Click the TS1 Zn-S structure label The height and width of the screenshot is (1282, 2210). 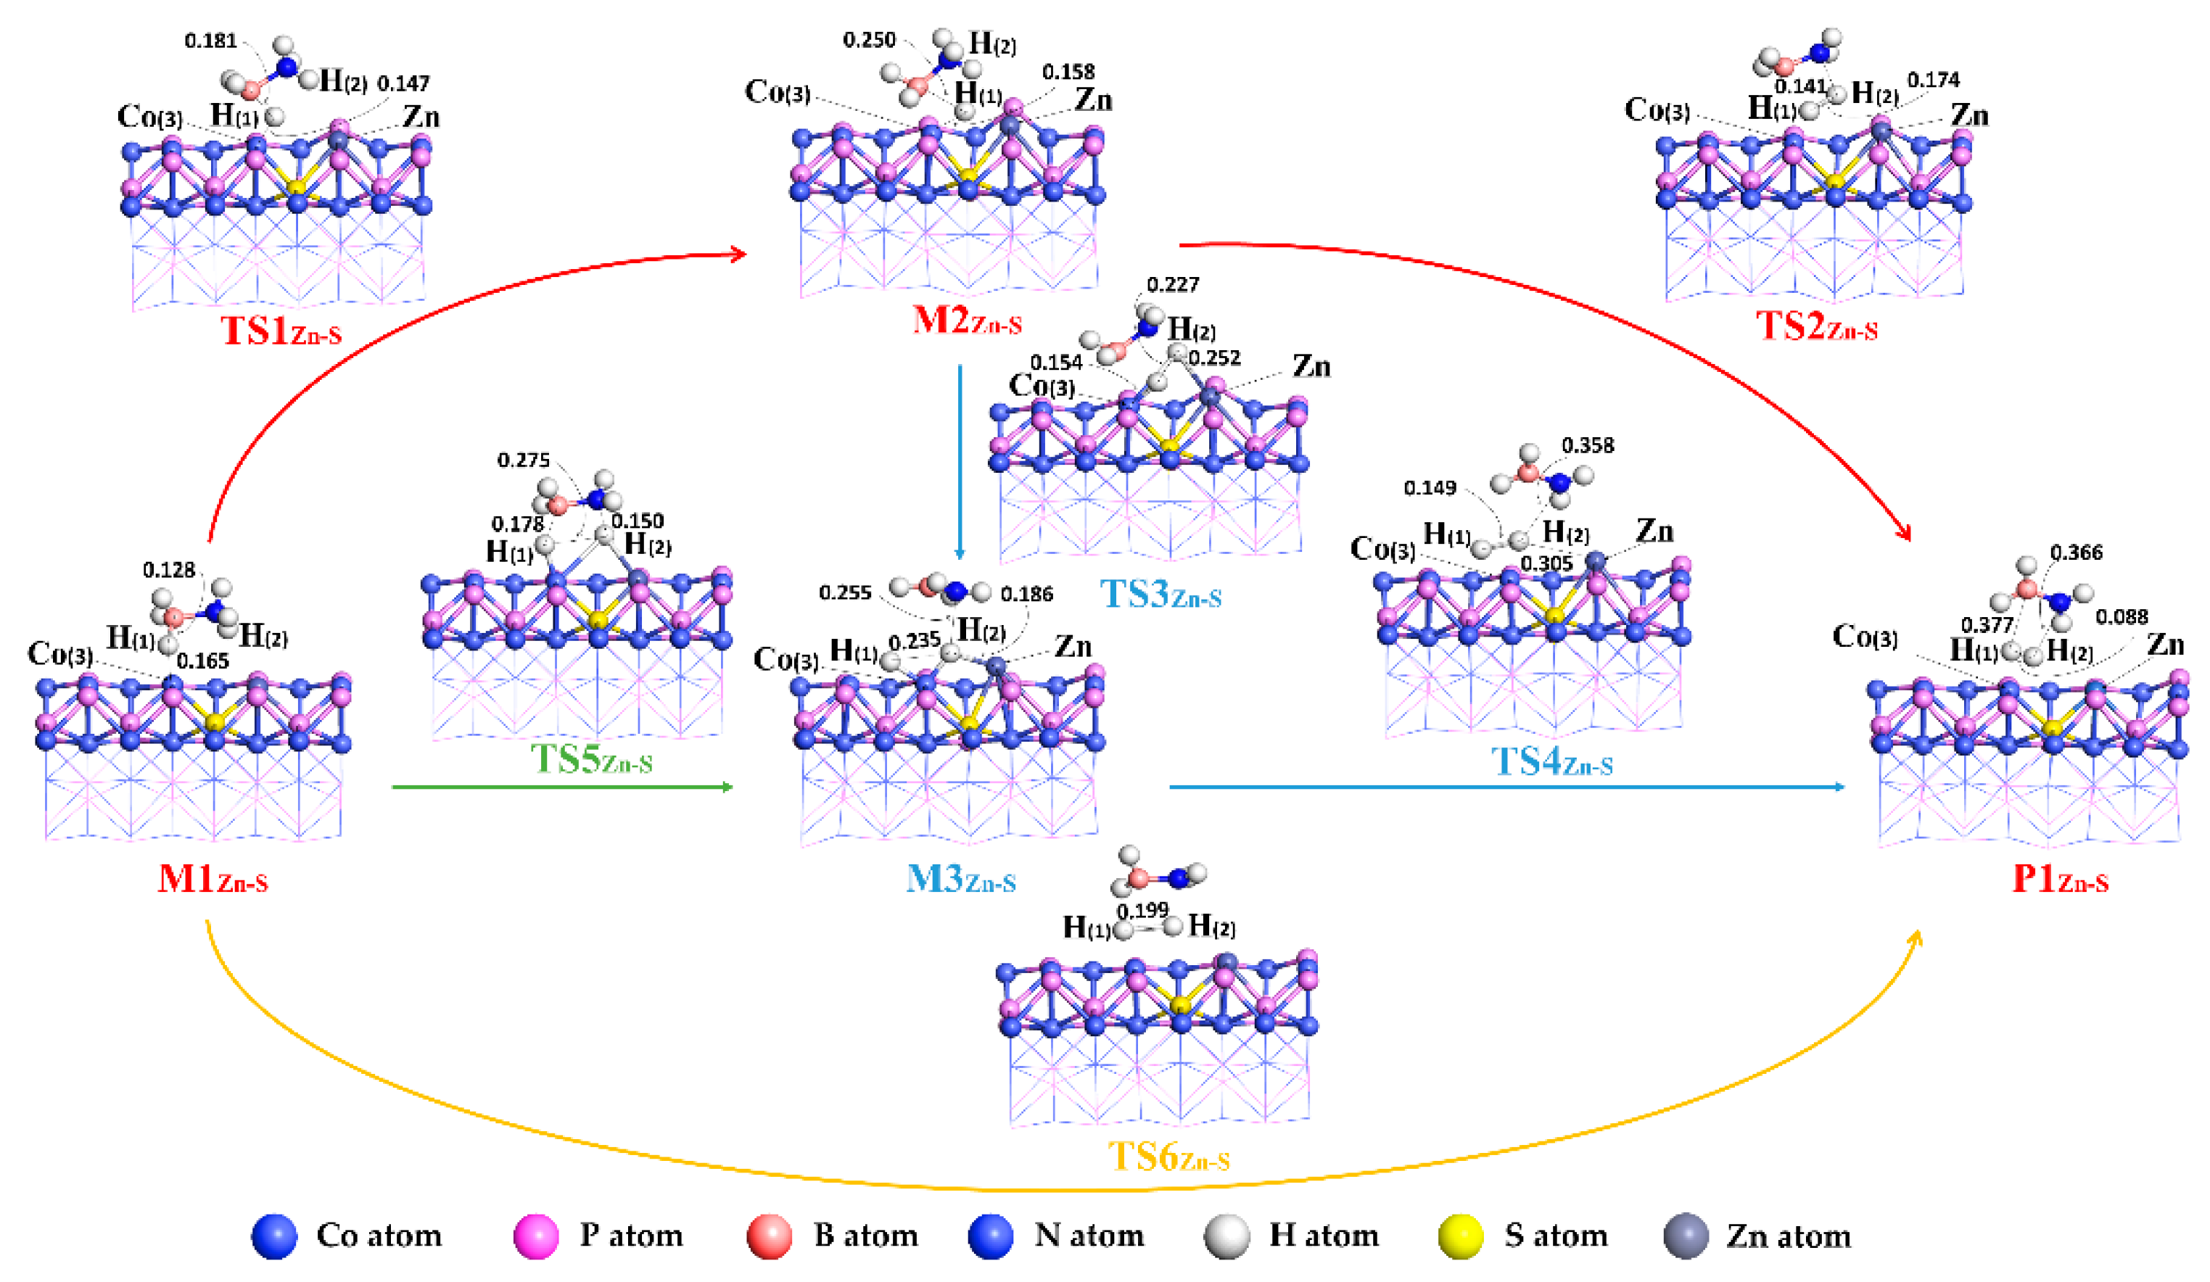(x=281, y=331)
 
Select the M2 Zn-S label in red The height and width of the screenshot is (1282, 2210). (x=966, y=320)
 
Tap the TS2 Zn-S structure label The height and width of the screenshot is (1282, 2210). (x=1815, y=326)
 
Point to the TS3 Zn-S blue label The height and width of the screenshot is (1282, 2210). (x=1159, y=595)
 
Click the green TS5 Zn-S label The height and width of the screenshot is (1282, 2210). (x=591, y=759)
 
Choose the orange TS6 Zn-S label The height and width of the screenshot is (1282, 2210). (x=1168, y=1157)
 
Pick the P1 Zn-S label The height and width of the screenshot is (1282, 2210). (x=2059, y=879)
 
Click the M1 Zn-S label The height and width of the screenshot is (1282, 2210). (x=213, y=879)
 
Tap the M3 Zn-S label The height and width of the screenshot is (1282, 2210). (x=960, y=879)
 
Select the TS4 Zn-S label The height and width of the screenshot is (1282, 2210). (x=1551, y=761)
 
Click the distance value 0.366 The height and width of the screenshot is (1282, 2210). (x=2075, y=553)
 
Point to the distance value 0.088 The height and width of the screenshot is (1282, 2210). (x=2121, y=616)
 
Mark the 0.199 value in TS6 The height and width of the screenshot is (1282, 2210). (x=1142, y=910)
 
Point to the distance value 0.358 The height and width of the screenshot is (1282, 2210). (x=1588, y=445)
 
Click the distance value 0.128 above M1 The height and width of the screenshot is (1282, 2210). (x=168, y=570)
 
